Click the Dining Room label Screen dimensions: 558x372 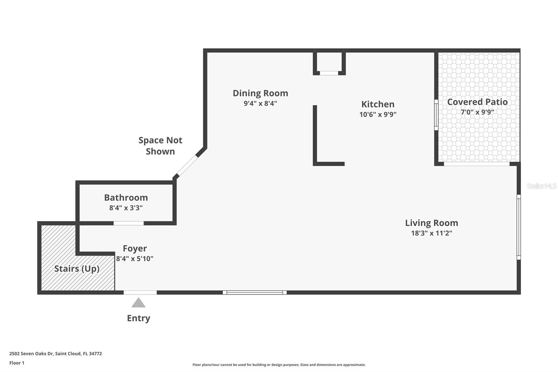click(260, 93)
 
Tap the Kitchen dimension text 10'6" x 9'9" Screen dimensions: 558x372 click(378, 114)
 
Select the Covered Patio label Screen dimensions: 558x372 click(477, 102)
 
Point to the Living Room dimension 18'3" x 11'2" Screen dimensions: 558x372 click(431, 233)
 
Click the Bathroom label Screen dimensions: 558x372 click(126, 198)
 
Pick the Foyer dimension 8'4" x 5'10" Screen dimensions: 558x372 click(135, 259)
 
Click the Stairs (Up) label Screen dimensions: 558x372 click(77, 269)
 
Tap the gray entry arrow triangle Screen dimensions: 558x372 click(138, 303)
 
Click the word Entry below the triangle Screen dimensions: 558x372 click(138, 318)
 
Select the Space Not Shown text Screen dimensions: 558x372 click(160, 146)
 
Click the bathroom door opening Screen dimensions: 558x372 click(129, 223)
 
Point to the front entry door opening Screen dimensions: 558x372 click(140, 292)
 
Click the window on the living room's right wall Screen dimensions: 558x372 click(519, 227)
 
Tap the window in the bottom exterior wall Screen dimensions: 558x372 click(255, 292)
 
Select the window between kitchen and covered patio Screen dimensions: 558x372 click(436, 115)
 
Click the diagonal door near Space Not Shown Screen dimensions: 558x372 click(187, 165)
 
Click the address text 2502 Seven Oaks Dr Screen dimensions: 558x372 click(31, 354)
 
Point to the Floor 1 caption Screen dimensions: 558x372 click(17, 363)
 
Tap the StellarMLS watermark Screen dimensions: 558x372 click(541, 186)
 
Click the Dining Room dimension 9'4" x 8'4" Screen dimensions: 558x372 click(260, 104)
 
